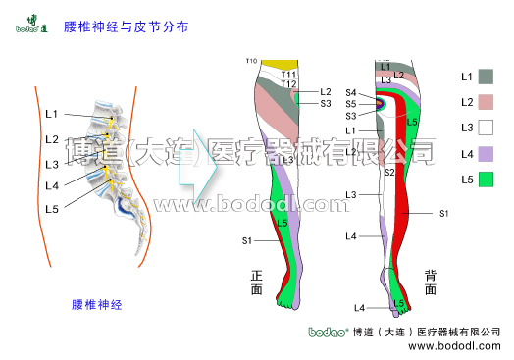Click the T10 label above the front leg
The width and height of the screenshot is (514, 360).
coord(251,62)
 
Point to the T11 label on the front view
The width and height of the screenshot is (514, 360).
coord(288,75)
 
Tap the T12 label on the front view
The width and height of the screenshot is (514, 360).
coord(288,84)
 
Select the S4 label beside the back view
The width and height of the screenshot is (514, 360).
coord(351,92)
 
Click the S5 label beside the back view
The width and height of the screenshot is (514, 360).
coord(351,103)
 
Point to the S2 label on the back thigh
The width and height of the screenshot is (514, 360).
coord(389,172)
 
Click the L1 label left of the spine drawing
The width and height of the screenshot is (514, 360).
coord(52,115)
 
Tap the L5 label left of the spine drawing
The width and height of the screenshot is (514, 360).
coord(52,209)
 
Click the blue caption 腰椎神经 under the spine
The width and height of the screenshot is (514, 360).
coord(97,304)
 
